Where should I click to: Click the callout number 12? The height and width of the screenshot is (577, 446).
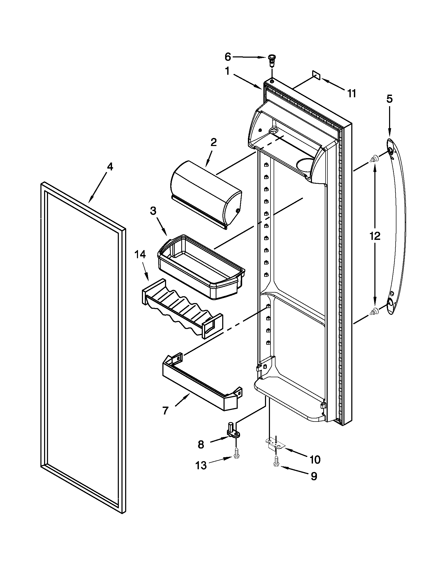pyautogui.click(x=375, y=236)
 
